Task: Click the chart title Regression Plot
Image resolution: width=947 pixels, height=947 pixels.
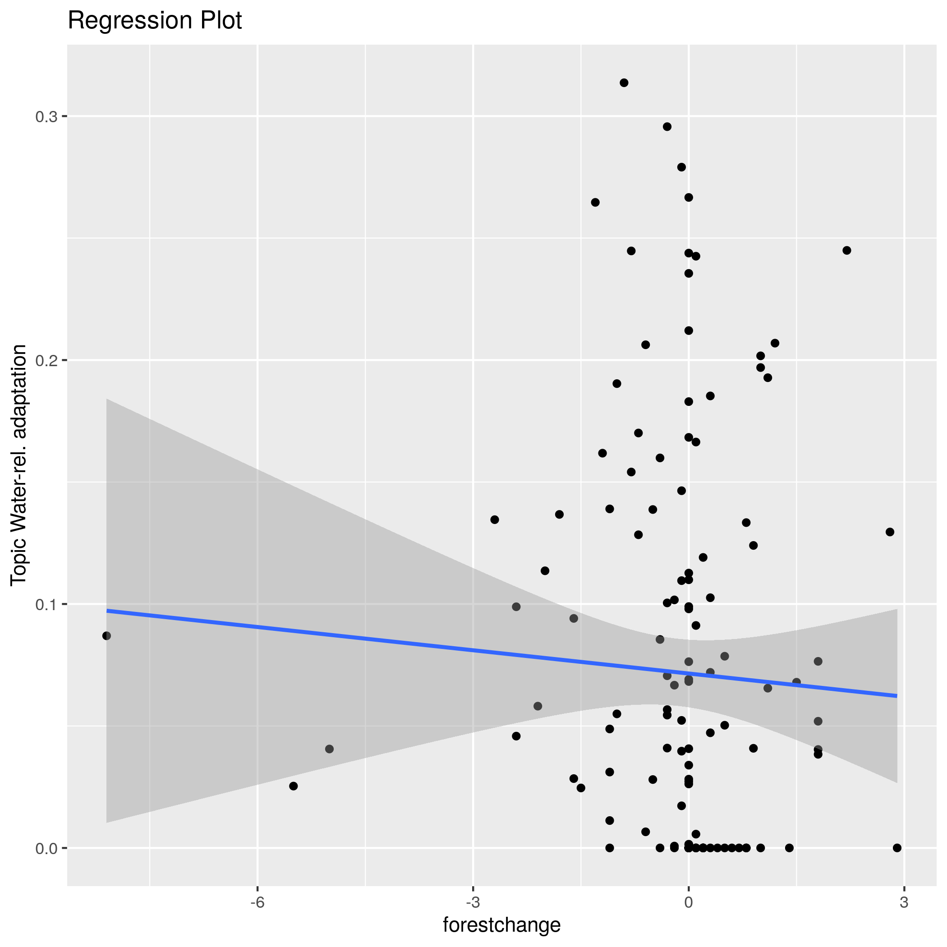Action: click(x=154, y=21)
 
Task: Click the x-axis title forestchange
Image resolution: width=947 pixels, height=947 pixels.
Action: click(x=501, y=925)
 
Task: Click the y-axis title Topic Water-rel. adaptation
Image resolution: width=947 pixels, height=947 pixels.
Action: click(x=18, y=464)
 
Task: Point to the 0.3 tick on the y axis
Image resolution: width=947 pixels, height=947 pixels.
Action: click(x=46, y=117)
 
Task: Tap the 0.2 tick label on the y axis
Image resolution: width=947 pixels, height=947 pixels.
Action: click(x=46, y=360)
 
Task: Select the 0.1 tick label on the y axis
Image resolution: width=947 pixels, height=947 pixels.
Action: click(x=46, y=604)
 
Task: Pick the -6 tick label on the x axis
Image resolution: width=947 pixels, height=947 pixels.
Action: click(x=257, y=903)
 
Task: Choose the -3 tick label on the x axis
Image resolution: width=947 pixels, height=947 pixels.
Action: click(x=473, y=903)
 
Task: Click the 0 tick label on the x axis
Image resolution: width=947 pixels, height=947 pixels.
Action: click(x=689, y=903)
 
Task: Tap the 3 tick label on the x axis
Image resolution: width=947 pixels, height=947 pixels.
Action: click(x=904, y=903)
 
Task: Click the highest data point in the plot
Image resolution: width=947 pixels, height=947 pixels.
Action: click(x=624, y=83)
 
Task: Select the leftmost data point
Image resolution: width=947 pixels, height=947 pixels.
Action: click(x=106, y=636)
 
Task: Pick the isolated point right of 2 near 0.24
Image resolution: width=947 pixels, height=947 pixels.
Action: click(x=847, y=250)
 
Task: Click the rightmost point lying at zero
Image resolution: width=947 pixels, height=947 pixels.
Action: click(x=897, y=848)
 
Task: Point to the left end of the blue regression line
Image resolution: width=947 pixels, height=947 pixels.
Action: click(x=107, y=611)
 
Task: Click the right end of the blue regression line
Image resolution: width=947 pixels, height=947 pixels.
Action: click(x=896, y=695)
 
